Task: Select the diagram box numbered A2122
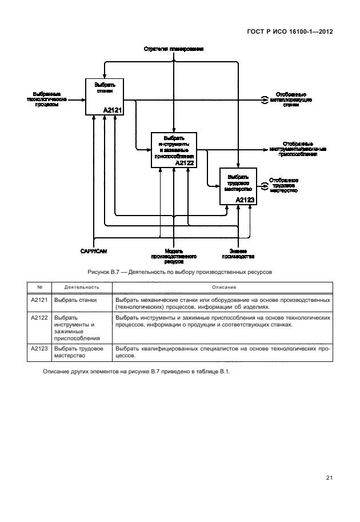point(174,150)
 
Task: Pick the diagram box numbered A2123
point(238,186)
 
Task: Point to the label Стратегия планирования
point(173,50)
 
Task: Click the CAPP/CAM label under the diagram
point(94,250)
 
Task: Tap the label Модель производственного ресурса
point(173,256)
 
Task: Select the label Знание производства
point(238,253)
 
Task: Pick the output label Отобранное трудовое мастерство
point(284,185)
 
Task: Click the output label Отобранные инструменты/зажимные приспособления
point(298,149)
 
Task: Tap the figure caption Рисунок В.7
point(179,272)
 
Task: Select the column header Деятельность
point(82,287)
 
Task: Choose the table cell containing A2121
point(39,300)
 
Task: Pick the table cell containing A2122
point(39,317)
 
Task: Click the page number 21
point(330,479)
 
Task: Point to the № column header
point(39,287)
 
